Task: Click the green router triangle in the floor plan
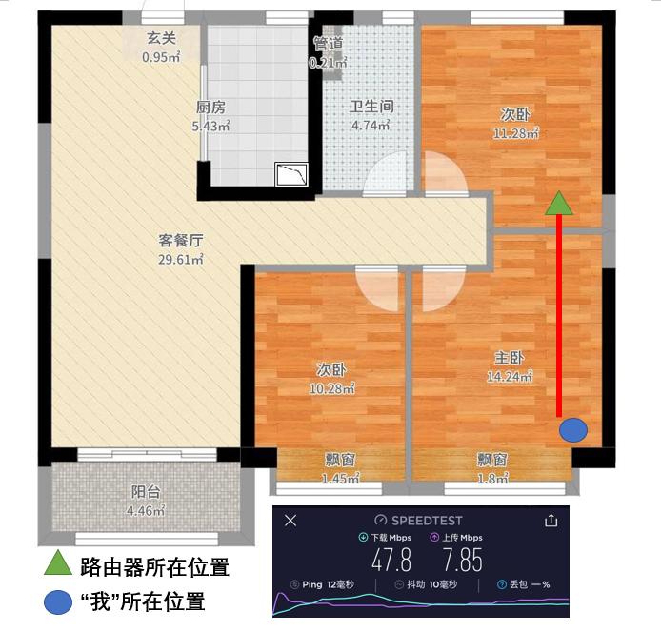[559, 204]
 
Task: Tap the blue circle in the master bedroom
[572, 430]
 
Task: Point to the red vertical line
[559, 314]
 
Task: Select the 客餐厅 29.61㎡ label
[181, 249]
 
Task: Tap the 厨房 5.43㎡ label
[212, 116]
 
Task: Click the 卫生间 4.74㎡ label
[371, 116]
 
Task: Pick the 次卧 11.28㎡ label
[516, 124]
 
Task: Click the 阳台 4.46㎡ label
[146, 502]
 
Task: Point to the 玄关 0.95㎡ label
[160, 47]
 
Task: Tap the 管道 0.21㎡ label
[326, 53]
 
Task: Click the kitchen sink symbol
[290, 174]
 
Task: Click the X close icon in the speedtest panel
[291, 521]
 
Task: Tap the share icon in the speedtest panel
[550, 521]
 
